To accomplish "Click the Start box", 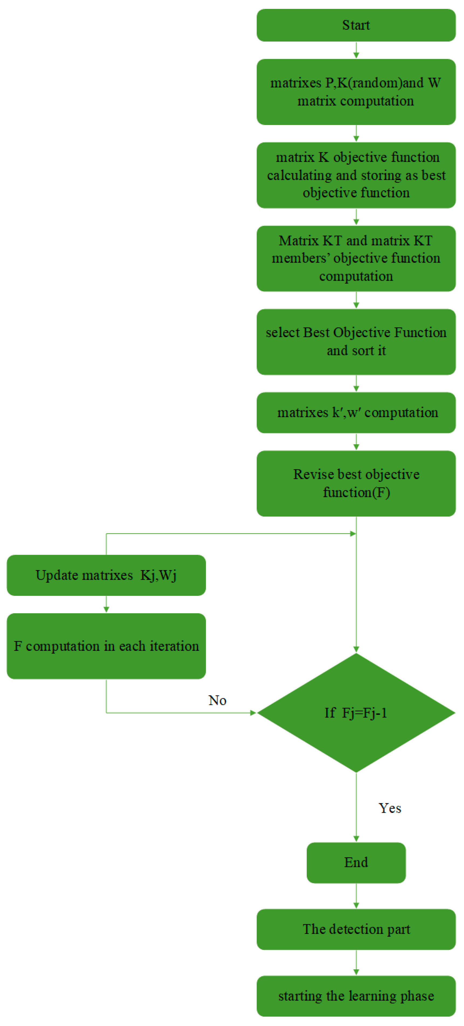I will point(356,25).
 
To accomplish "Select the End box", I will point(356,862).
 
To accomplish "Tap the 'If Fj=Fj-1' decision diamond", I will point(356,713).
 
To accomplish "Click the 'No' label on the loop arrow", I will point(217,700).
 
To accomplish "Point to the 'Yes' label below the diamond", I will point(390,808).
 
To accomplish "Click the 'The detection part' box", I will point(356,929).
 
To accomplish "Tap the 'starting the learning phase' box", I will point(356,996).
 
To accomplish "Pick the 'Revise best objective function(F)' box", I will point(356,483).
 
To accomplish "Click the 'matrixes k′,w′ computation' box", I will point(356,413).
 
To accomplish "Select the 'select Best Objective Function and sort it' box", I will point(356,342).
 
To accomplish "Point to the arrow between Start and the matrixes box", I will point(356,50).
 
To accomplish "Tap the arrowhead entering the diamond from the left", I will point(253,713).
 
